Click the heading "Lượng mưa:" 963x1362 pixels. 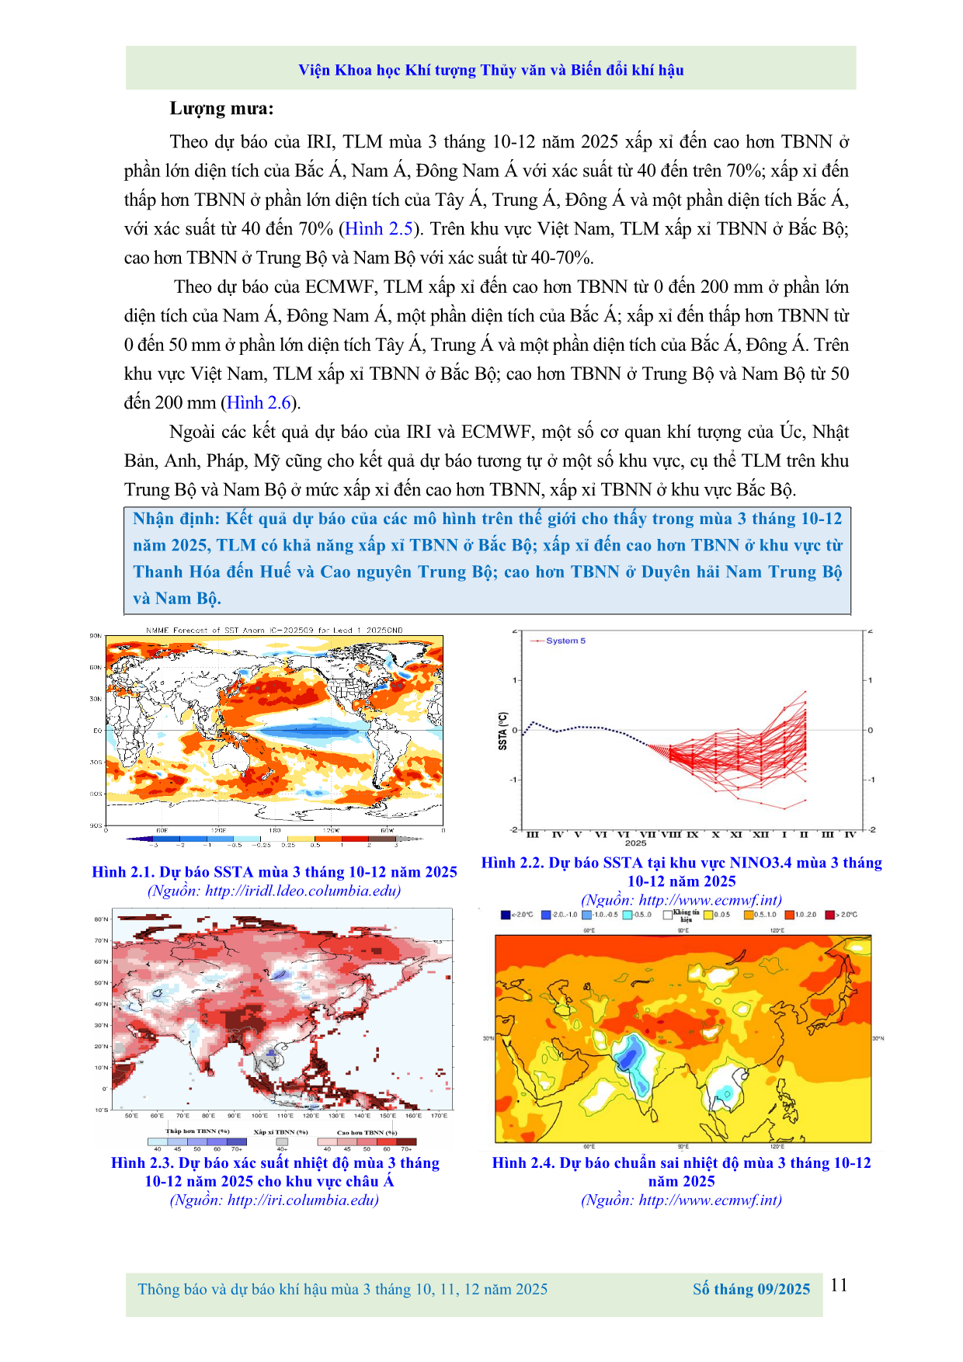click(221, 109)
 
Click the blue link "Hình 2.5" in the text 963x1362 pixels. click(378, 229)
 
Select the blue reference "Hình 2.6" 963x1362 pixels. click(259, 403)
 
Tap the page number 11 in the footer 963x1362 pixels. click(839, 1285)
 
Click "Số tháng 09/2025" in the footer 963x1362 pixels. click(751, 1290)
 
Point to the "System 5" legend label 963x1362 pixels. click(565, 641)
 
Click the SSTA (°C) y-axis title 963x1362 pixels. click(502, 731)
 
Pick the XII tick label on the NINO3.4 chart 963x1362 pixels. click(760, 835)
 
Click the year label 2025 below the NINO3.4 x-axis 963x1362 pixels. click(635, 843)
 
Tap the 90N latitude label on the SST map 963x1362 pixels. click(96, 636)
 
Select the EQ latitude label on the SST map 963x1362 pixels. click(97, 731)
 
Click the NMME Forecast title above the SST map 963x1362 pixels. click(274, 630)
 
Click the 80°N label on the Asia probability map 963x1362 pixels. click(101, 919)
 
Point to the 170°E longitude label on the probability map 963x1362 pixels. click(439, 1116)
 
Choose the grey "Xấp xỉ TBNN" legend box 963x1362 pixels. click(281, 1141)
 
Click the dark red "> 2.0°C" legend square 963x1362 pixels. click(829, 915)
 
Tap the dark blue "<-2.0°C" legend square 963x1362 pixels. click(506, 915)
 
